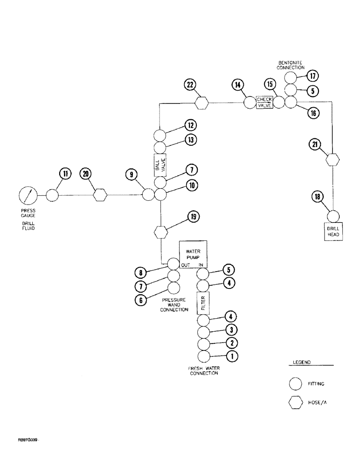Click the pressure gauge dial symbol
(28, 196)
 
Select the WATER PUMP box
(193, 254)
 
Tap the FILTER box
(203, 302)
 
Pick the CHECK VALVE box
(264, 102)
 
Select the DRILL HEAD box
(333, 231)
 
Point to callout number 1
(232, 357)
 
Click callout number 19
(194, 216)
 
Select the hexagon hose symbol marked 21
(332, 159)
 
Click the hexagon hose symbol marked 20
(99, 195)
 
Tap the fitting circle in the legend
(296, 384)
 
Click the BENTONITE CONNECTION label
(291, 65)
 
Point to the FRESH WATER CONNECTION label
(204, 370)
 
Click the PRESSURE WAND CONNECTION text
(174, 305)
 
